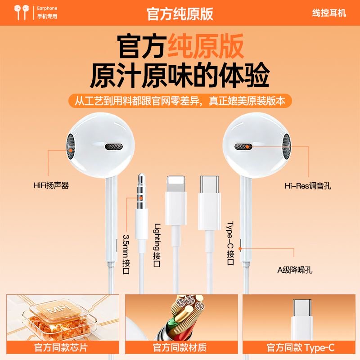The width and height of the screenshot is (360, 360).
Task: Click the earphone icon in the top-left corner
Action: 20,12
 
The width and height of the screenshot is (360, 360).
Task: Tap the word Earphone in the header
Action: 47,8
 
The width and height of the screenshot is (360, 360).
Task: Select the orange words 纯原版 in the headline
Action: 205,46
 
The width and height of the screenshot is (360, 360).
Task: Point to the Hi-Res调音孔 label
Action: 308,185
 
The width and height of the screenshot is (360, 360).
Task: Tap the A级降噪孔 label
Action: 295,270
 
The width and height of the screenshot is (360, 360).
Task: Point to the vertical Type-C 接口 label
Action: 230,243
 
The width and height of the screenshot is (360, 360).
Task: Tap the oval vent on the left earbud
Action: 113,147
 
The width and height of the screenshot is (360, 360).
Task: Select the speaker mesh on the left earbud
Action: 71,147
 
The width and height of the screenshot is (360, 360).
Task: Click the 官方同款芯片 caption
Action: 63,348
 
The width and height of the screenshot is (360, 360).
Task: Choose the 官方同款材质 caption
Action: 180,348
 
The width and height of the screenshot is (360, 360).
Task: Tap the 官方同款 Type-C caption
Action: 301,348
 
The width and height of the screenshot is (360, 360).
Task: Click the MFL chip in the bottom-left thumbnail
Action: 58,315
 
